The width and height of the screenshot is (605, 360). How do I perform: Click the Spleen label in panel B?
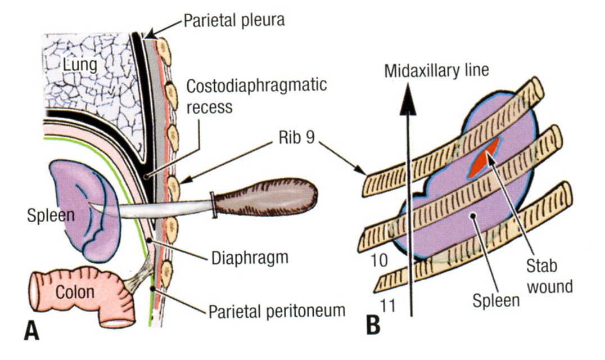click(488, 301)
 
